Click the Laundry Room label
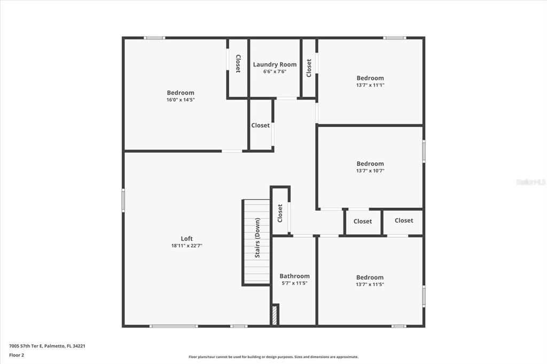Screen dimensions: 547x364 click(x=275, y=65)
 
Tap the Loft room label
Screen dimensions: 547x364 click(x=186, y=239)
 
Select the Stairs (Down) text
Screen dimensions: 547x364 click(x=257, y=238)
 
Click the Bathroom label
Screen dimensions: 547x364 click(x=294, y=276)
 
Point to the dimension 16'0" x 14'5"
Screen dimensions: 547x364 click(x=181, y=100)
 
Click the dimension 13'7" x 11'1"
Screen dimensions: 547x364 click(x=370, y=85)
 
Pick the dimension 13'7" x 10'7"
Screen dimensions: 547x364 click(x=370, y=171)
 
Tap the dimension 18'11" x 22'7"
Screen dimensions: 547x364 click(x=186, y=246)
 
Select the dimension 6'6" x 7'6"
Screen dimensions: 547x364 click(x=275, y=72)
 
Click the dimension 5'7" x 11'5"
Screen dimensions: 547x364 click(x=294, y=283)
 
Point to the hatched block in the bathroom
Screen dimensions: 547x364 click(x=275, y=315)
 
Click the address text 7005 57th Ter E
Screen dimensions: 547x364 click(x=26, y=346)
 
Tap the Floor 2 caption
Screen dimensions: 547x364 click(x=17, y=355)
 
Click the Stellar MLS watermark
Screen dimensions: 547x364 click(x=531, y=182)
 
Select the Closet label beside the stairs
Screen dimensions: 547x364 click(x=280, y=213)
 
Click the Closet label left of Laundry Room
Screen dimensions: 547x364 click(x=238, y=64)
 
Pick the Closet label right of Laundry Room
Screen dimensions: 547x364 click(x=309, y=68)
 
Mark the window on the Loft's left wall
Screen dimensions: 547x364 click(x=123, y=200)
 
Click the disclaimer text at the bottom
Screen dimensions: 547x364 click(x=273, y=357)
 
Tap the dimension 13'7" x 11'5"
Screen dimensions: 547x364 click(x=370, y=284)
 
